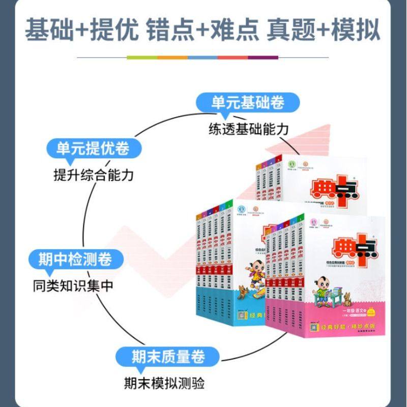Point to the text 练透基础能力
pyautogui.click(x=248, y=129)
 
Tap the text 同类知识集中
pyautogui.click(x=71, y=285)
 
